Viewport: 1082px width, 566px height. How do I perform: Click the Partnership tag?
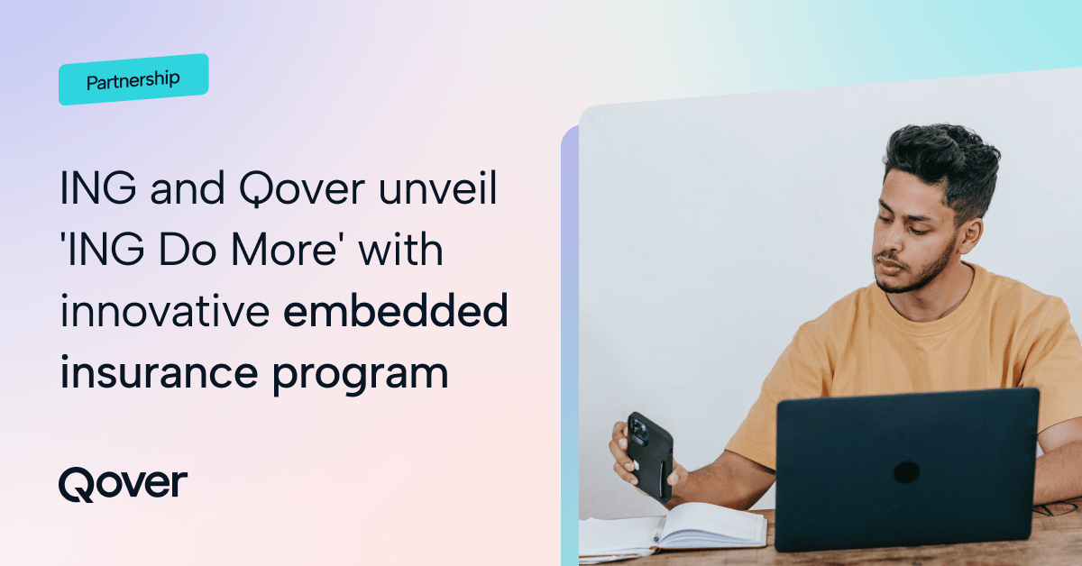pyautogui.click(x=133, y=80)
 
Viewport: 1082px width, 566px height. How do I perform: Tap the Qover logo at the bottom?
pyautogui.click(x=123, y=484)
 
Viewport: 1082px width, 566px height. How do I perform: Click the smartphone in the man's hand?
pyautogui.click(x=649, y=456)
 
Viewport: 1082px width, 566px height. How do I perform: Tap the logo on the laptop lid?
pyautogui.click(x=906, y=471)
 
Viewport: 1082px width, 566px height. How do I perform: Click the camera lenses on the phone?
pyautogui.click(x=639, y=430)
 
